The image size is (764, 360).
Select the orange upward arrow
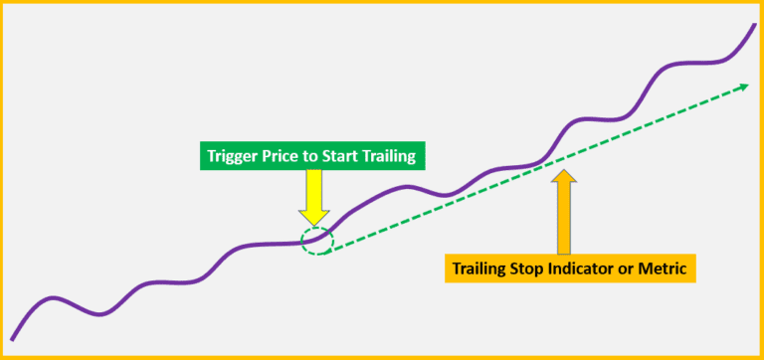pyautogui.click(x=563, y=214)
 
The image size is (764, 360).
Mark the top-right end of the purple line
pyautogui.click(x=753, y=23)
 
